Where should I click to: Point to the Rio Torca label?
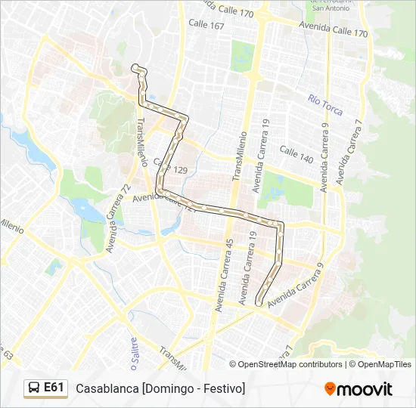325,105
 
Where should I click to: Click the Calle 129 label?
171,166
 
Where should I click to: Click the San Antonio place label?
328,8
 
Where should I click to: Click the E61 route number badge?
54,388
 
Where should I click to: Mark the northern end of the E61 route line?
135,67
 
